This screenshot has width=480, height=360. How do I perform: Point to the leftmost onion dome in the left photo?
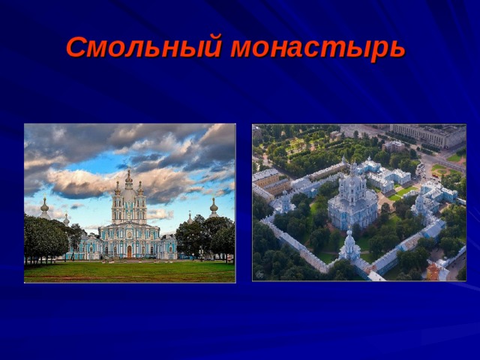pos(45,205)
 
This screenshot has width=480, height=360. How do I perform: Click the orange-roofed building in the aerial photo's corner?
pos(432,271)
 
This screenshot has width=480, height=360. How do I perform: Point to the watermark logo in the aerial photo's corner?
pos(259,275)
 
